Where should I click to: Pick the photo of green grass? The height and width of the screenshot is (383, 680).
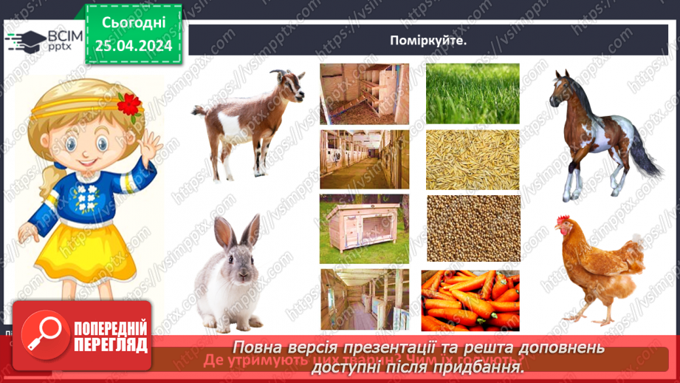click(x=473, y=93)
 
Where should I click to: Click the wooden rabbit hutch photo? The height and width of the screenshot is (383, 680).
click(x=364, y=228)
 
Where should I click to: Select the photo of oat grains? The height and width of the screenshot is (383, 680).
click(x=473, y=159)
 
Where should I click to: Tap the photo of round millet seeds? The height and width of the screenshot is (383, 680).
click(x=473, y=228)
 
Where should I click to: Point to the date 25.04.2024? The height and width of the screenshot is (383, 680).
click(x=134, y=46)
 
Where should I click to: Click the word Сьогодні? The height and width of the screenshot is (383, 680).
click(x=134, y=22)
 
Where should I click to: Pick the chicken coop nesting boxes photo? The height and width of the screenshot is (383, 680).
click(x=364, y=93)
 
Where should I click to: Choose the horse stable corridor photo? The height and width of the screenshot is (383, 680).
click(x=364, y=159)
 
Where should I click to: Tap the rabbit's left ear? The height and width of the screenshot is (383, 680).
click(x=223, y=230)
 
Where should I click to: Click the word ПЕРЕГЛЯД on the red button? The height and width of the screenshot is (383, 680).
click(x=111, y=345)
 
